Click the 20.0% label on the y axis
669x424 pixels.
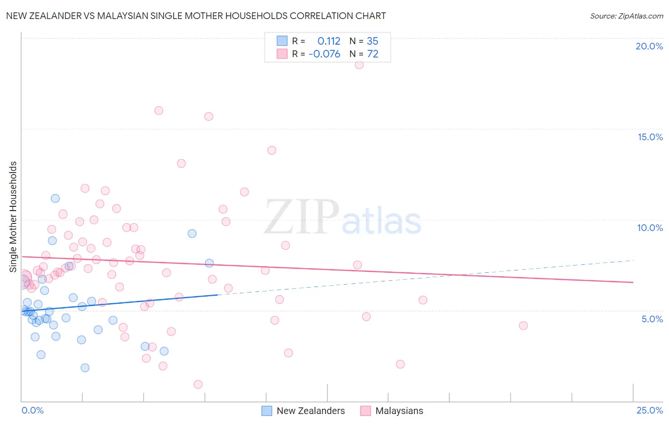click(x=649, y=46)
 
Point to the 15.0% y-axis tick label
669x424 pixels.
click(x=650, y=137)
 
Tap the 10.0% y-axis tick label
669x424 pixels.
click(x=650, y=228)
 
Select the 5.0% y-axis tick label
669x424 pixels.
click(x=652, y=319)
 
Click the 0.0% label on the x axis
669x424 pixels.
click(x=32, y=410)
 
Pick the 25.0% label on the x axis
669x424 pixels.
click(x=649, y=410)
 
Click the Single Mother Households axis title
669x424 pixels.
click(x=13, y=217)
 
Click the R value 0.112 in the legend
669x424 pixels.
click(x=329, y=41)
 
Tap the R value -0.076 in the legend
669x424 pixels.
click(x=325, y=54)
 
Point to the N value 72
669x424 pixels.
click(x=373, y=54)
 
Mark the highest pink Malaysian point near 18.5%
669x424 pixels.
click(x=359, y=65)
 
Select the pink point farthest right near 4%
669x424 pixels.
click(x=523, y=326)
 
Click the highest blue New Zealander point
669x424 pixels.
click(x=55, y=199)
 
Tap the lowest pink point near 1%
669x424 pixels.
click(x=198, y=384)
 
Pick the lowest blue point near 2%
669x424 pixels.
click(x=85, y=367)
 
